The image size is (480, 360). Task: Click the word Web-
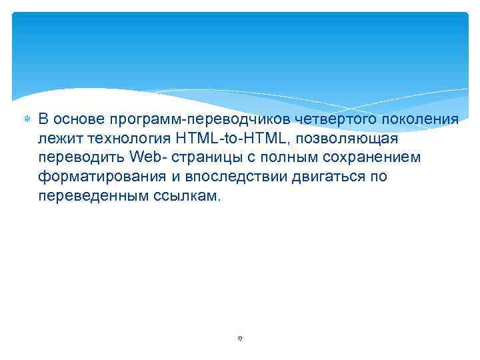coord(150,158)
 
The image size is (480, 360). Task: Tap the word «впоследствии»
coord(230,178)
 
